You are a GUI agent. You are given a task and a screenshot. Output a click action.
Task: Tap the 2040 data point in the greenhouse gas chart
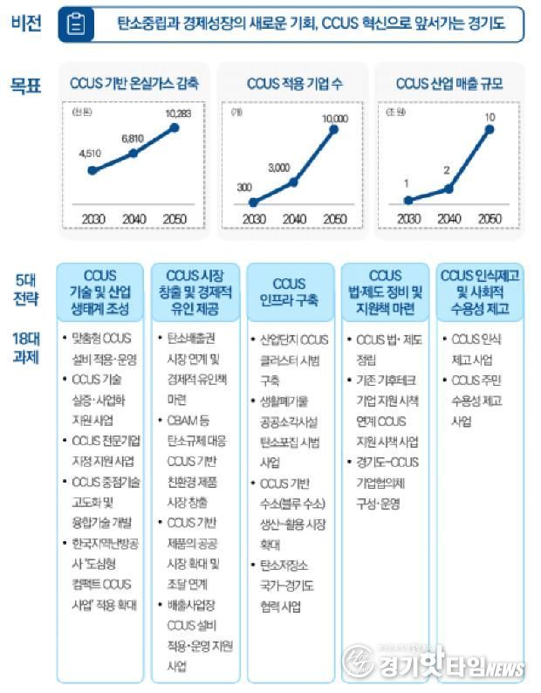tap(134, 153)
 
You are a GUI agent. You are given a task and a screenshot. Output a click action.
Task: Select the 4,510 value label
tap(91, 154)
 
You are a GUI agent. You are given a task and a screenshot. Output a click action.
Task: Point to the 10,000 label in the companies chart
tap(334, 118)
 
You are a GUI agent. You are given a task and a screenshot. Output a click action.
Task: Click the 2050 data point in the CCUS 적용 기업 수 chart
tap(334, 131)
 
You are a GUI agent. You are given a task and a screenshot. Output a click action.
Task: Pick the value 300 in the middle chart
tap(244, 187)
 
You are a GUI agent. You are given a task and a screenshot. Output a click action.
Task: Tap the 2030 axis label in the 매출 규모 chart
tap(406, 218)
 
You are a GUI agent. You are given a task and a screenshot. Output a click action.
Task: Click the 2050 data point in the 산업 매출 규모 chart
tap(490, 130)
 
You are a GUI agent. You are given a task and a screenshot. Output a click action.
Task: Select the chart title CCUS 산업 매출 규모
tap(449, 85)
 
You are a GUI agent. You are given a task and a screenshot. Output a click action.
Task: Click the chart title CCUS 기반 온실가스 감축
tap(134, 85)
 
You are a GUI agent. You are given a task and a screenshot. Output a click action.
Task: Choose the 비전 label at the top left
tap(26, 24)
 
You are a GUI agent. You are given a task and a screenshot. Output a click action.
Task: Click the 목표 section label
tap(26, 85)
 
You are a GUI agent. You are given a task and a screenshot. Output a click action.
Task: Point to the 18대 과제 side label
tap(26, 346)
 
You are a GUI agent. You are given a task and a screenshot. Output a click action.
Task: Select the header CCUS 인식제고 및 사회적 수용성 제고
tap(480, 292)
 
